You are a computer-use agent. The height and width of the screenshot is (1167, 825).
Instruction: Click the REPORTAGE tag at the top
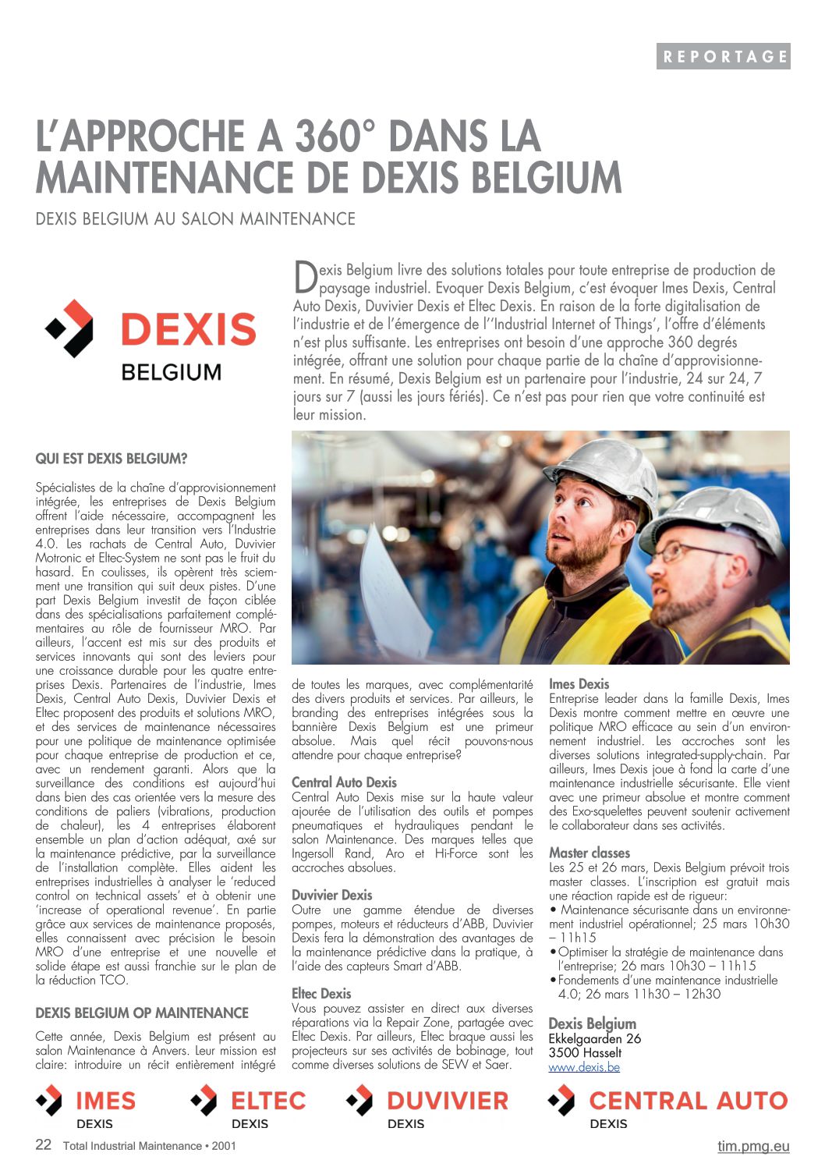[723, 56]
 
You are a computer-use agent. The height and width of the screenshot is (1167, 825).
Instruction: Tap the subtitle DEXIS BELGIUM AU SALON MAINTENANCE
[195, 218]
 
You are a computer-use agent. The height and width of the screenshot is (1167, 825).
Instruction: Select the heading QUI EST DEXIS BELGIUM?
[112, 459]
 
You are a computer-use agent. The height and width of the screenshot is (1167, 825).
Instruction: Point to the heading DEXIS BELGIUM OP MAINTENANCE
[142, 1013]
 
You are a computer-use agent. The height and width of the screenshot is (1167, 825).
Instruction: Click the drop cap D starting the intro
[305, 276]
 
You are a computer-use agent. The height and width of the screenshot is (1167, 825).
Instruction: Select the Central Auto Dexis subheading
[344, 782]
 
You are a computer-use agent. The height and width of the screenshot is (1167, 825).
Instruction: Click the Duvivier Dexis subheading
[331, 895]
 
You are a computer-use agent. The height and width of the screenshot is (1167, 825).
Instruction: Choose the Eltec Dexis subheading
[321, 993]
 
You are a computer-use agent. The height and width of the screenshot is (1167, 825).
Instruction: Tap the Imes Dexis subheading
[579, 684]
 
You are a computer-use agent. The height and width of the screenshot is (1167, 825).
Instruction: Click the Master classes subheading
[589, 853]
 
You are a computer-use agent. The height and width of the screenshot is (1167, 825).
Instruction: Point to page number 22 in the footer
[44, 1144]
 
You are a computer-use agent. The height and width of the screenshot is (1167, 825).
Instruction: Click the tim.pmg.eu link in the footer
[753, 1146]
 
